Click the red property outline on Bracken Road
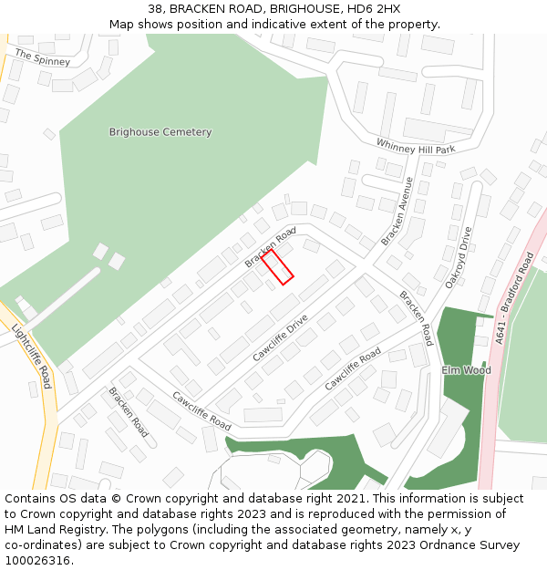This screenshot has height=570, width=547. tap(277, 267)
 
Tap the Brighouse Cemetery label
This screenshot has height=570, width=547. tap(160, 132)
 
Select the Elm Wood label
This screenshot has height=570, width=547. tap(466, 370)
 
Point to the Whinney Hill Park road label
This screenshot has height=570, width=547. tap(416, 146)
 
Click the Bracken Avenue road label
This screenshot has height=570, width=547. tap(397, 212)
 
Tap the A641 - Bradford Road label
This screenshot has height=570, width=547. tap(515, 298)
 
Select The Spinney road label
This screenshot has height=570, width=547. tap(42, 57)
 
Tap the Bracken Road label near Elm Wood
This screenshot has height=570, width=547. tap(415, 318)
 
